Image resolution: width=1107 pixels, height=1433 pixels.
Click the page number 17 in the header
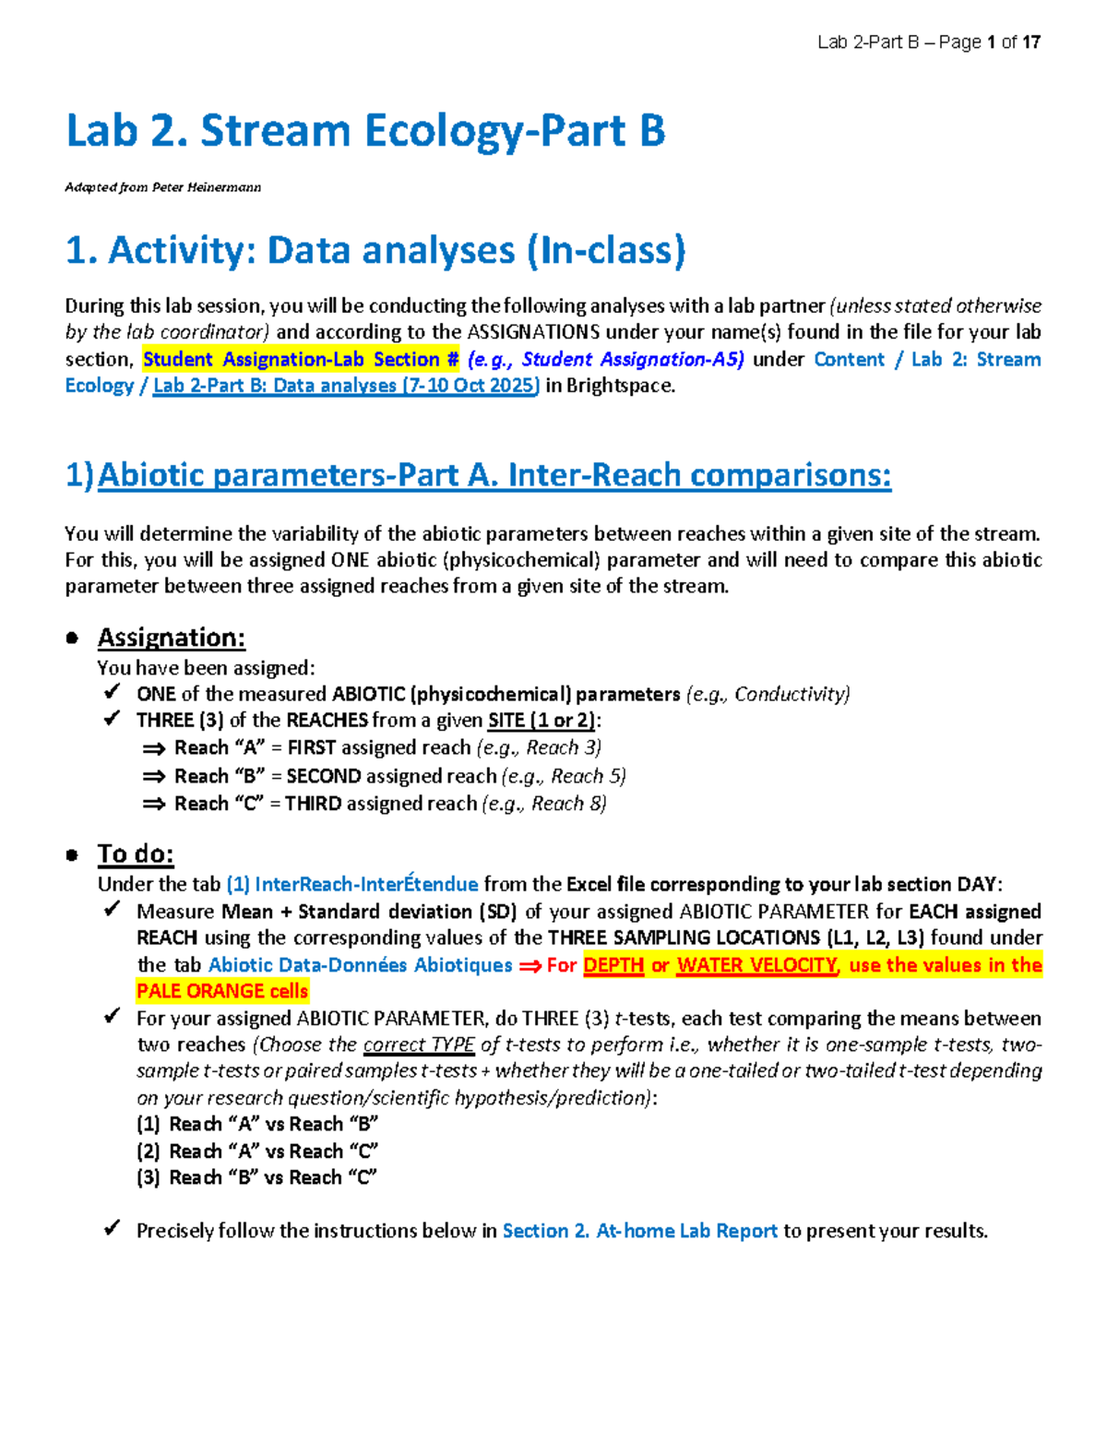pyautogui.click(x=1031, y=42)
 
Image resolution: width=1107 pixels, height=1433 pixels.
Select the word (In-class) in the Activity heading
pyautogui.click(x=606, y=251)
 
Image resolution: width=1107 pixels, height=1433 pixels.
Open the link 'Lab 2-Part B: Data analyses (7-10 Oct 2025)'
pyautogui.click(x=346, y=386)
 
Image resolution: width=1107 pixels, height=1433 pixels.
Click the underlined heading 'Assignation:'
pyautogui.click(x=172, y=638)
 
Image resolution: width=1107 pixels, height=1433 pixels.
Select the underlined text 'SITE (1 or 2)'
pyautogui.click(x=542, y=721)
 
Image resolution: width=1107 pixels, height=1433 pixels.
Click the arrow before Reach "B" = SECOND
pyautogui.click(x=153, y=777)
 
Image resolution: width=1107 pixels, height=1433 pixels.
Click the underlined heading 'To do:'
pyautogui.click(x=136, y=854)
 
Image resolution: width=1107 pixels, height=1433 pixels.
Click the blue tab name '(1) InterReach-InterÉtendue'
pyautogui.click(x=352, y=884)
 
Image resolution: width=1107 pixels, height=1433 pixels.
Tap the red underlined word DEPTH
pyautogui.click(x=613, y=965)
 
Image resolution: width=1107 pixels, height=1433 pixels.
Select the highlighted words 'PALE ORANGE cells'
pyautogui.click(x=222, y=992)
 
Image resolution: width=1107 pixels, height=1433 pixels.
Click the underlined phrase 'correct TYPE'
pyautogui.click(x=419, y=1045)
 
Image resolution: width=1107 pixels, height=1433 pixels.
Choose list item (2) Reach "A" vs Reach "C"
pyautogui.click(x=257, y=1152)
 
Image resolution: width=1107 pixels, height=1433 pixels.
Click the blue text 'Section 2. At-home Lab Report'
pyautogui.click(x=639, y=1231)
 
